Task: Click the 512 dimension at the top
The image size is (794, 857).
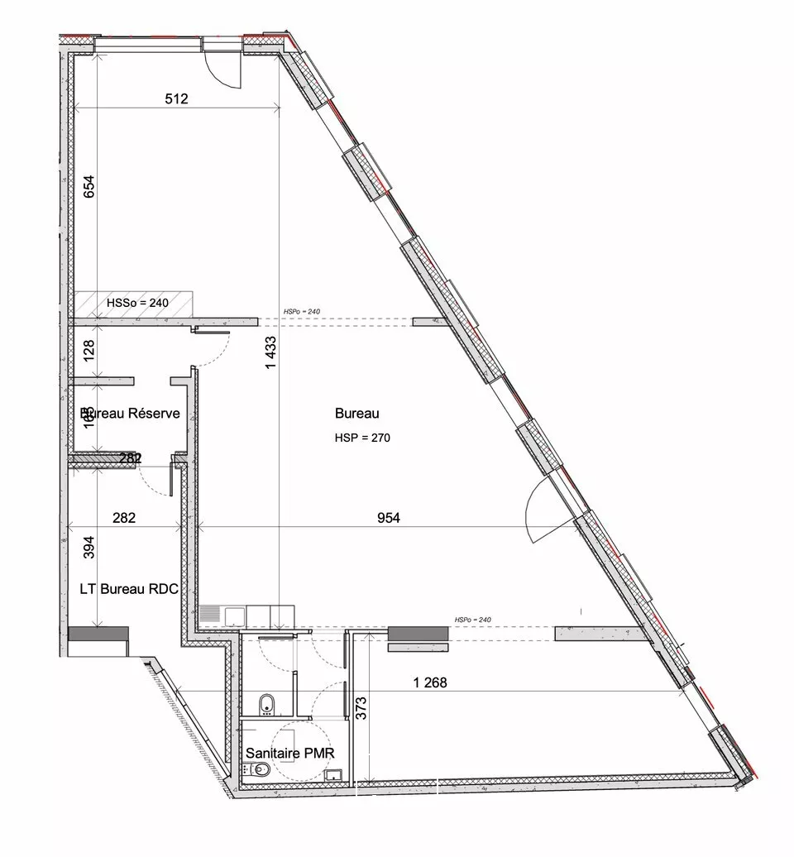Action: point(176,99)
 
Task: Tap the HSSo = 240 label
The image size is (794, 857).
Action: point(137,303)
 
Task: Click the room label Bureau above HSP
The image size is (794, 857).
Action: point(357,413)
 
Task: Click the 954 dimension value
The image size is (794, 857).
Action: point(389,519)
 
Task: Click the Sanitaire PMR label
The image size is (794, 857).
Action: point(289,754)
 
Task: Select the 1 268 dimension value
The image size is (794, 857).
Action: point(431,683)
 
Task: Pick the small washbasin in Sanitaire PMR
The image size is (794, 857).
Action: point(333,775)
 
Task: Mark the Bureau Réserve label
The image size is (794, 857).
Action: point(130,413)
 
